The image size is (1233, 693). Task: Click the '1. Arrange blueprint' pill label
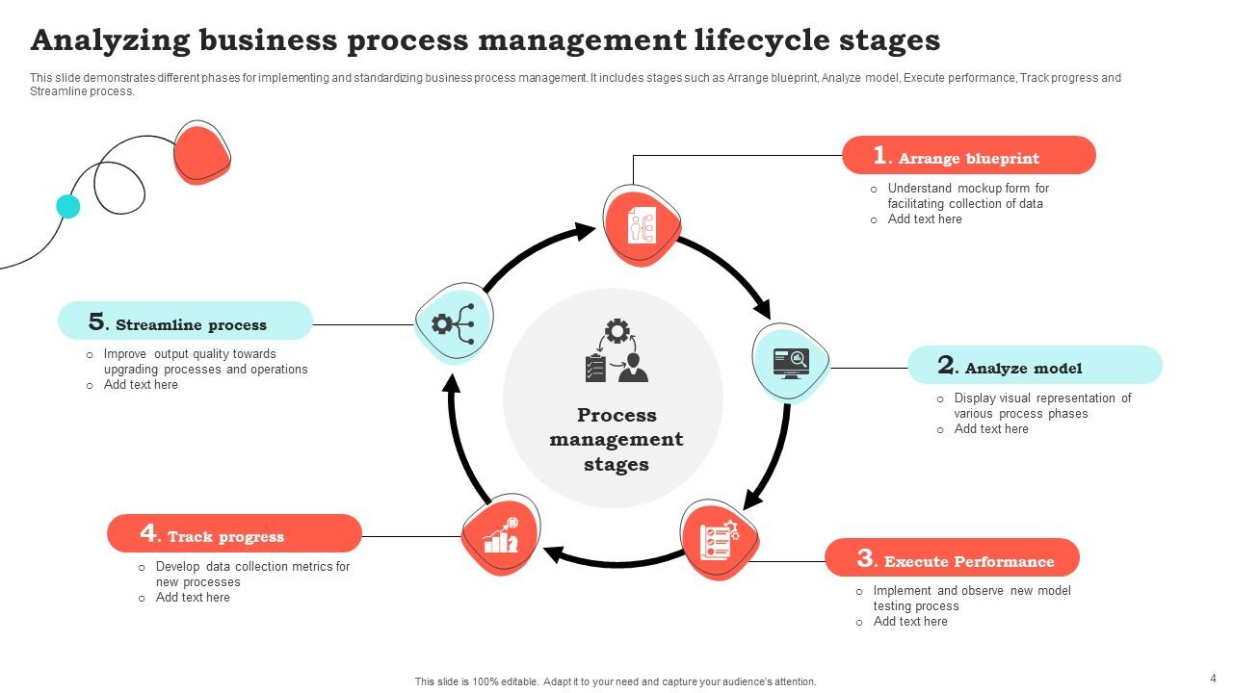coord(968,156)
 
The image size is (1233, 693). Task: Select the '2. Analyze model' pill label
coord(1035,366)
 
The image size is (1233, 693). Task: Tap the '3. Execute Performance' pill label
coord(952,558)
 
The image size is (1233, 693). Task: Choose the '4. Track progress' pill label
coord(234,534)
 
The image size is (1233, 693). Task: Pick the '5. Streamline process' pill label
coord(185,321)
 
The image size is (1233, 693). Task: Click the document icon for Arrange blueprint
coord(642,226)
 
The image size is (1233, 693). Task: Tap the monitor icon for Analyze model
coord(791,363)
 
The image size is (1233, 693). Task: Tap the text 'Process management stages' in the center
coord(616,440)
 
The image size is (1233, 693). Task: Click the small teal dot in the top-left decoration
coord(67,206)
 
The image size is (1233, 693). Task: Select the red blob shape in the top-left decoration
coord(202,152)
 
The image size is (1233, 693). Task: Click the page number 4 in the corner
coord(1213,678)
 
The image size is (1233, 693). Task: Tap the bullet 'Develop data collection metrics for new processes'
coord(252,574)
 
